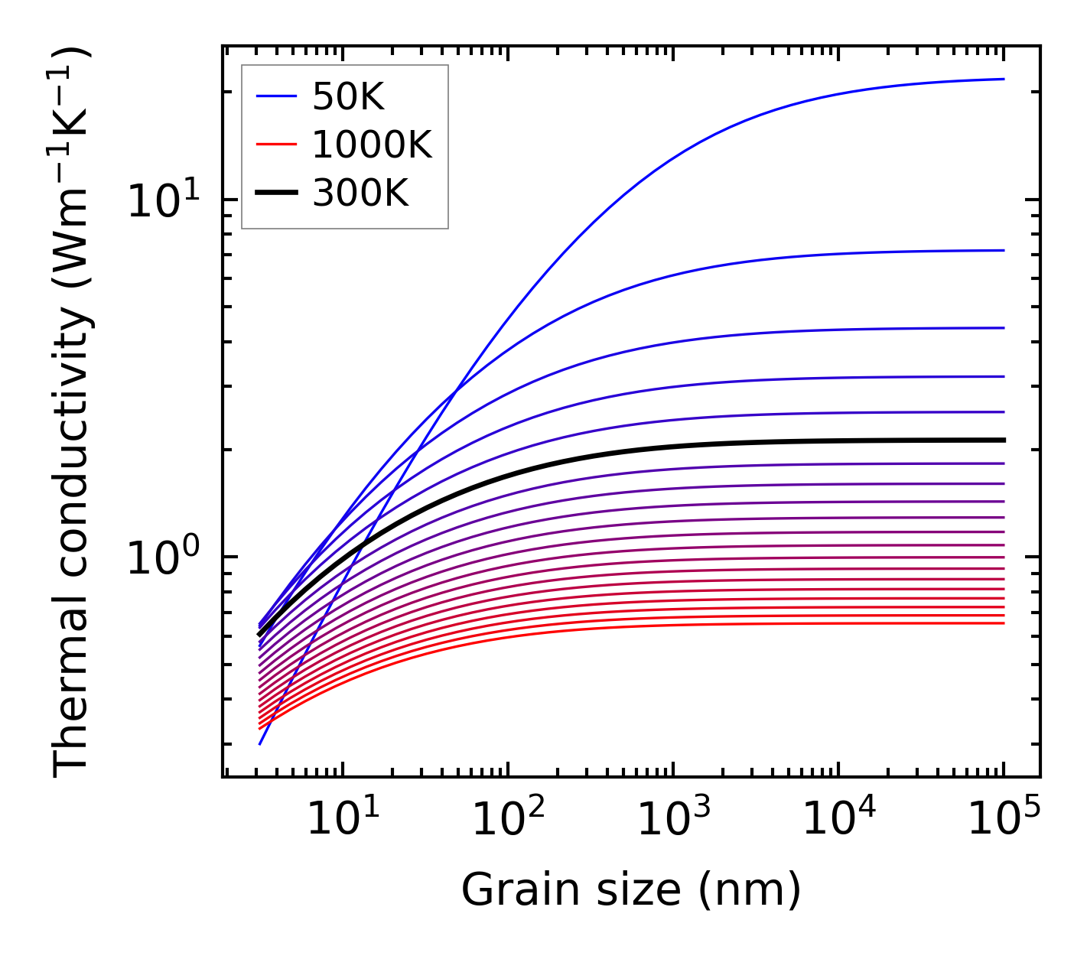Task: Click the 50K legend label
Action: click(x=348, y=96)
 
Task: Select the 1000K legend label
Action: click(x=372, y=145)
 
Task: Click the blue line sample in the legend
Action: click(x=275, y=96)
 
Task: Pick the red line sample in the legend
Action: click(x=275, y=145)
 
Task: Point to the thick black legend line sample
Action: click(x=275, y=193)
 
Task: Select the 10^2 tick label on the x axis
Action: click(x=508, y=821)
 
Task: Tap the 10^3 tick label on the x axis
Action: click(x=673, y=821)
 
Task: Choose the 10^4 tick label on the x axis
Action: click(x=839, y=821)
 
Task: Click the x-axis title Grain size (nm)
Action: click(x=631, y=889)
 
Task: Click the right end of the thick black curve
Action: click(x=1003, y=440)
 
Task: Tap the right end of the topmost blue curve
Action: click(x=1003, y=79)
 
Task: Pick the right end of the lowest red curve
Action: click(x=1003, y=623)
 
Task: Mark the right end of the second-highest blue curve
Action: click(x=1003, y=250)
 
